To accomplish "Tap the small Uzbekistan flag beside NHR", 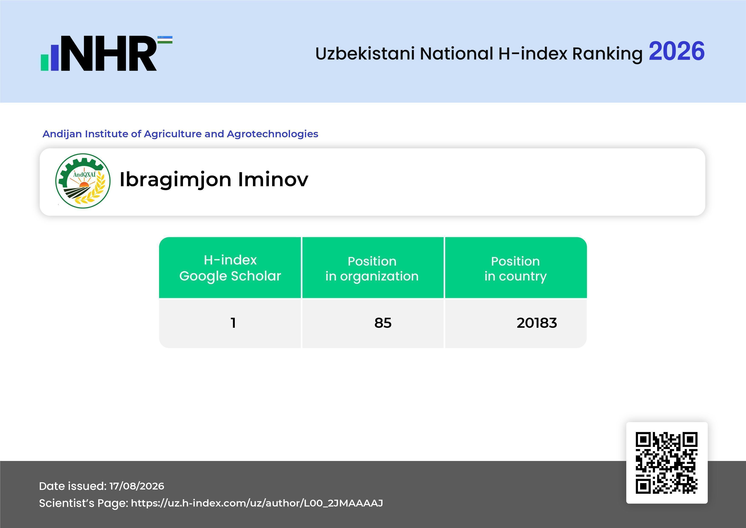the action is click(165, 40).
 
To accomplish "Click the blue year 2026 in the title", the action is click(676, 51).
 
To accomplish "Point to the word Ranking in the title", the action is click(607, 54).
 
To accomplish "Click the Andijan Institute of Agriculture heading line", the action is click(180, 134).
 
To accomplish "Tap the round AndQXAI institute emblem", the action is click(83, 181).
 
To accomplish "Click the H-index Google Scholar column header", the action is click(230, 268).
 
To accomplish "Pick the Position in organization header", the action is click(372, 269).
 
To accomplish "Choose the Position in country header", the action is click(515, 269).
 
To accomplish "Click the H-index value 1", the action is click(233, 323).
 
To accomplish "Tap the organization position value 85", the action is click(383, 323).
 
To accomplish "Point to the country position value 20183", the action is click(537, 323).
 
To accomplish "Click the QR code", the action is click(667, 463).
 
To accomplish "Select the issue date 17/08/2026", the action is click(137, 486).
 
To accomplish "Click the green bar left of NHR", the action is click(44, 62).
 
